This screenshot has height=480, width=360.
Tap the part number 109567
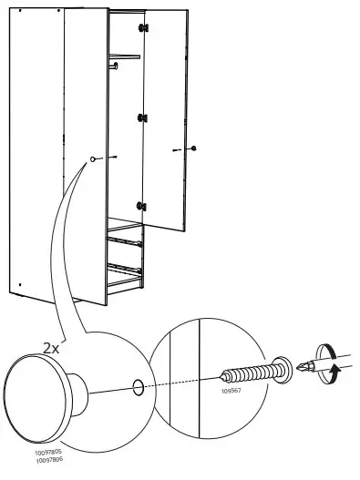tap(231, 392)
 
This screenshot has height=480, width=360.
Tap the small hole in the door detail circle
tap(138, 387)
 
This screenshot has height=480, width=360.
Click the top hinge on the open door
tap(142, 29)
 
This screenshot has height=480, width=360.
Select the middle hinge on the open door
tap(142, 118)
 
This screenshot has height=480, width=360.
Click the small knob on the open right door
tap(193, 148)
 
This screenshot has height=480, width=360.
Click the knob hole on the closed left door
tap(93, 159)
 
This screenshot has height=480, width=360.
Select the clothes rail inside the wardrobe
tap(126, 57)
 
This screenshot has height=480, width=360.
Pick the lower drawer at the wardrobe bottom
tap(126, 271)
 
